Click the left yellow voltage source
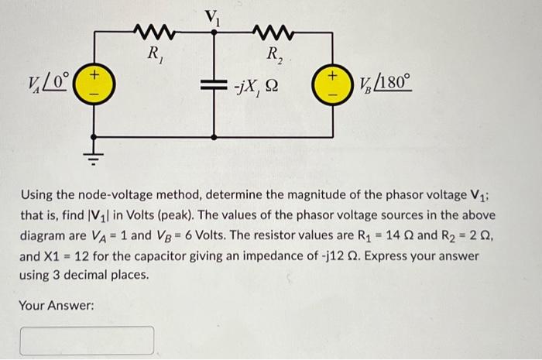[x=94, y=82]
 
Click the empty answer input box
[x=87, y=341]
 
